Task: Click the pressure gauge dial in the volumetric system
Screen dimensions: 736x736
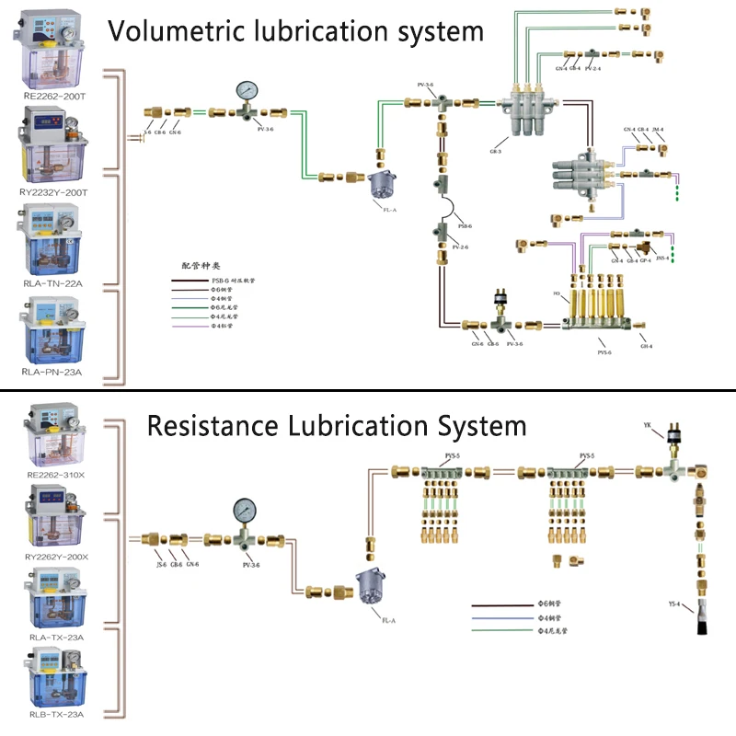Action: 247,90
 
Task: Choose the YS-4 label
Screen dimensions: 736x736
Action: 673,604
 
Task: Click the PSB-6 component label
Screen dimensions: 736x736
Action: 465,226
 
